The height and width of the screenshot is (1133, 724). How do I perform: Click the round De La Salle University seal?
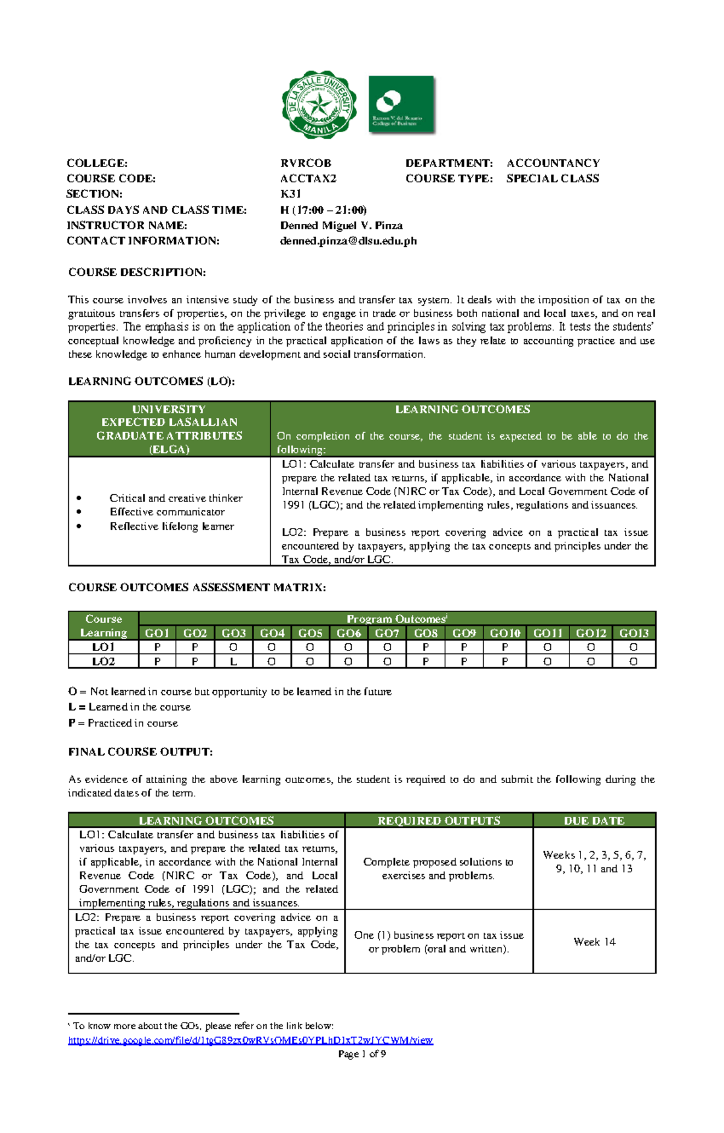tap(319, 105)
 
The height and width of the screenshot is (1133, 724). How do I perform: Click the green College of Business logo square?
tap(401, 104)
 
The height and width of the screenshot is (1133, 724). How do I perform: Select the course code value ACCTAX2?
tap(308, 179)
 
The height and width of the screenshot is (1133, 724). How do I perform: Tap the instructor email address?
tap(348, 241)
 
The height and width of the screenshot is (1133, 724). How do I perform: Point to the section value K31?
tap(290, 194)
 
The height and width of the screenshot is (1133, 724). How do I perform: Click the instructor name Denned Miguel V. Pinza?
tap(341, 225)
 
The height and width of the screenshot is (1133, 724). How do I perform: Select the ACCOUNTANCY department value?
tap(553, 163)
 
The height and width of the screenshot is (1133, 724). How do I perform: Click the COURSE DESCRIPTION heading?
tap(137, 272)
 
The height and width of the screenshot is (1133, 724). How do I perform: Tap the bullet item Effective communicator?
tap(167, 512)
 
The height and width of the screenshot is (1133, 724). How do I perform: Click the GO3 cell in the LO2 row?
tap(233, 661)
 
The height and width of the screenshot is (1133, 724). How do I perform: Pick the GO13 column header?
tap(634, 633)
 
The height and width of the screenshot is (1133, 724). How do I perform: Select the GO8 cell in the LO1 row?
tap(425, 647)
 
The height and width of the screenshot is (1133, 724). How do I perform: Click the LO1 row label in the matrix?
tap(103, 647)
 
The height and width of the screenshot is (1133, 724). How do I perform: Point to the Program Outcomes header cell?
tap(396, 618)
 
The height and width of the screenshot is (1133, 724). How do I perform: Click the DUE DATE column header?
tap(594, 820)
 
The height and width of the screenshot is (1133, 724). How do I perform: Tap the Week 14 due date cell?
tap(594, 942)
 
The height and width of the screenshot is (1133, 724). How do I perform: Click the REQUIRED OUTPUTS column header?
tap(439, 820)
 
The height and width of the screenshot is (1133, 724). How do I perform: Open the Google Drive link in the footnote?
tap(250, 1040)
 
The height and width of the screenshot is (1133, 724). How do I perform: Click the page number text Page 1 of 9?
tap(362, 1054)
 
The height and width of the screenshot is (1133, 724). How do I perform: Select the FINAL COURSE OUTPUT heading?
tap(140, 752)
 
